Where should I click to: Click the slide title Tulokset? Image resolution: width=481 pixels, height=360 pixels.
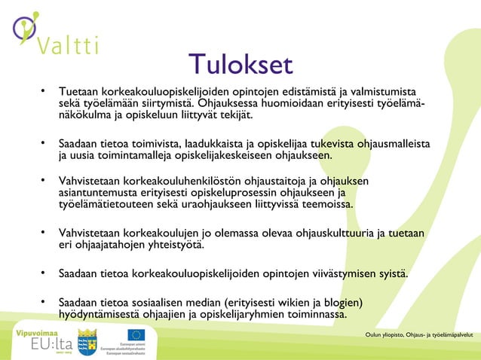point(240,65)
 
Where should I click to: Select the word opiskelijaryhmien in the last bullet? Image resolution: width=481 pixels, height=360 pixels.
point(237,315)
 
